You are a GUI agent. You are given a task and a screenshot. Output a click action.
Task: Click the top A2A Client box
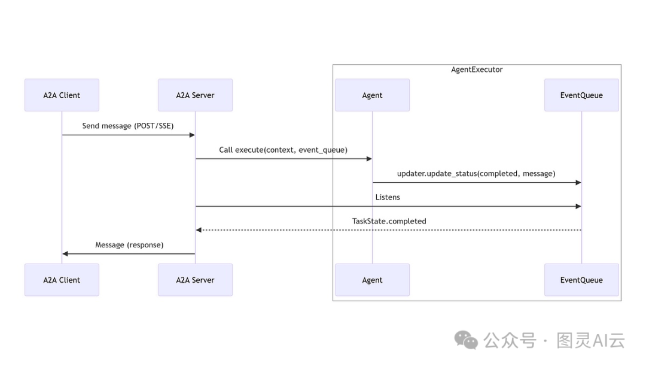pyautogui.click(x=62, y=95)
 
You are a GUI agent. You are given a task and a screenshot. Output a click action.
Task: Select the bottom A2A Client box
pyautogui.click(x=62, y=280)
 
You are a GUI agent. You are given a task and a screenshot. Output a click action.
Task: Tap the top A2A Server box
pyautogui.click(x=195, y=95)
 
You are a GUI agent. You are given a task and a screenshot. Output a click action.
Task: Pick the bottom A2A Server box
pyautogui.click(x=195, y=280)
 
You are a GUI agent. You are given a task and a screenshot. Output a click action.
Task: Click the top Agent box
pyautogui.click(x=372, y=95)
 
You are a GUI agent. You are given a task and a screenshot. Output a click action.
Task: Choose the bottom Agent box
pyautogui.click(x=372, y=280)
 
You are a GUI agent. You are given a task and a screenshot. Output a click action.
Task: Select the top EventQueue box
pyautogui.click(x=581, y=95)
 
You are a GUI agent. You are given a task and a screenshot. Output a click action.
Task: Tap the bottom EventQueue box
pyautogui.click(x=581, y=280)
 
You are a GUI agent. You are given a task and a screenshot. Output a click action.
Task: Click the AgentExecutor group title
pyautogui.click(x=477, y=69)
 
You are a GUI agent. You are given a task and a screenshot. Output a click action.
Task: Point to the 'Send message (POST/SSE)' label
pyautogui.click(x=128, y=126)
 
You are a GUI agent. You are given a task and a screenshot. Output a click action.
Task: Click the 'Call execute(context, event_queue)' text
pyautogui.click(x=283, y=150)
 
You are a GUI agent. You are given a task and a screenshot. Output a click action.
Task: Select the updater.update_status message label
pyautogui.click(x=476, y=174)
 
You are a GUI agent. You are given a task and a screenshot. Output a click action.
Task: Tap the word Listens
pyautogui.click(x=388, y=197)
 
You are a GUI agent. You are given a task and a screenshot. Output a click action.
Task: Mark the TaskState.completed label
pyautogui.click(x=389, y=221)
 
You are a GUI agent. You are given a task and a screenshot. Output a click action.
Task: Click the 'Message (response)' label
pyautogui.click(x=129, y=245)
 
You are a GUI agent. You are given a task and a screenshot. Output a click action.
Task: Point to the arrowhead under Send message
pyautogui.click(x=192, y=135)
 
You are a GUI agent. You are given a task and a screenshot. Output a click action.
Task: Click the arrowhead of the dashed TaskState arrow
pyautogui.click(x=199, y=230)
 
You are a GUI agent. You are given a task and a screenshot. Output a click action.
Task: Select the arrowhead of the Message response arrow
pyautogui.click(x=65, y=254)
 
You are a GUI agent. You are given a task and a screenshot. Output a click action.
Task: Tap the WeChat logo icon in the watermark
pyautogui.click(x=466, y=340)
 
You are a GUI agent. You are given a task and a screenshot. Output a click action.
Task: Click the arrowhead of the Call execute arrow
pyautogui.click(x=369, y=159)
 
